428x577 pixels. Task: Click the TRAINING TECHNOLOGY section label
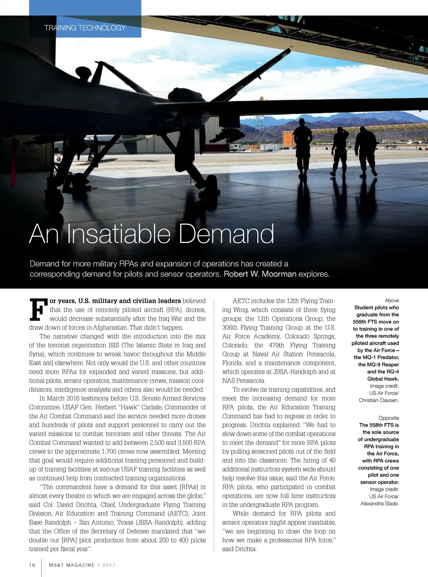[85, 28]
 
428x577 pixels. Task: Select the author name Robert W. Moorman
[260, 274]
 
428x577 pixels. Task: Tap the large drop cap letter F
[38, 309]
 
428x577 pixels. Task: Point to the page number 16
[32, 565]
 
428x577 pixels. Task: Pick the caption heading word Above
[392, 300]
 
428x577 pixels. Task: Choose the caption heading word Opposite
[389, 418]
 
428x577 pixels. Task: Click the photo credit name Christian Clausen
[379, 400]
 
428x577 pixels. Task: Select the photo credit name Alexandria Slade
[380, 503]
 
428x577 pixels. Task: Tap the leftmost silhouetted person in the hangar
[303, 146]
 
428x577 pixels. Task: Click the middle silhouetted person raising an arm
[339, 151]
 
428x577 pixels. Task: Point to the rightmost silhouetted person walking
[367, 151]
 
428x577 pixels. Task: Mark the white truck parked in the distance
[237, 148]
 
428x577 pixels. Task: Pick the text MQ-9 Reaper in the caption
[379, 364]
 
